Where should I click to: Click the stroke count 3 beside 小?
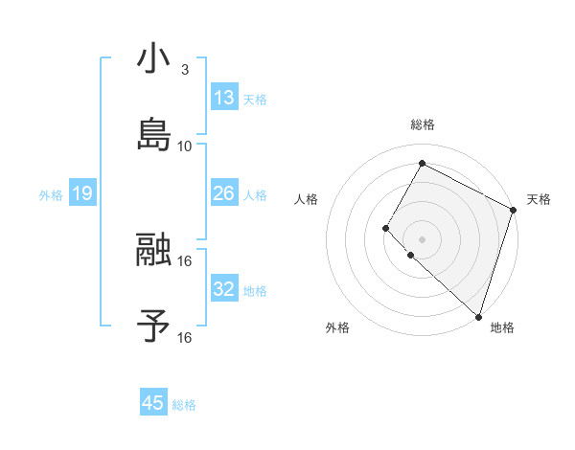pyautogui.click(x=184, y=70)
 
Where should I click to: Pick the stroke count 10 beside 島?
pyautogui.click(x=185, y=146)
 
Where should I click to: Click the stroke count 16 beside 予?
pyautogui.click(x=185, y=337)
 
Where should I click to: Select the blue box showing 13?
pyautogui.click(x=224, y=97)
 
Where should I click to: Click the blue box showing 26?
pyautogui.click(x=224, y=193)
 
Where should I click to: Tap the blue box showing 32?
pyautogui.click(x=224, y=288)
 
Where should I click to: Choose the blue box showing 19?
pyautogui.click(x=82, y=193)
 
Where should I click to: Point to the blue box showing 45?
pyautogui.click(x=153, y=403)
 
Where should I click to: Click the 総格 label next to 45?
pyautogui.click(x=184, y=405)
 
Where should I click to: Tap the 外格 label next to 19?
pyautogui.click(x=51, y=194)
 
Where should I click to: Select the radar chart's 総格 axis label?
pyautogui.click(x=422, y=124)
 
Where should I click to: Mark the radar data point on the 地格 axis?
pyautogui.click(x=478, y=316)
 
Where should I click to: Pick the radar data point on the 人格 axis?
pyautogui.click(x=386, y=228)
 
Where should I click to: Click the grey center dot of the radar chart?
pyautogui.click(x=422, y=238)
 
